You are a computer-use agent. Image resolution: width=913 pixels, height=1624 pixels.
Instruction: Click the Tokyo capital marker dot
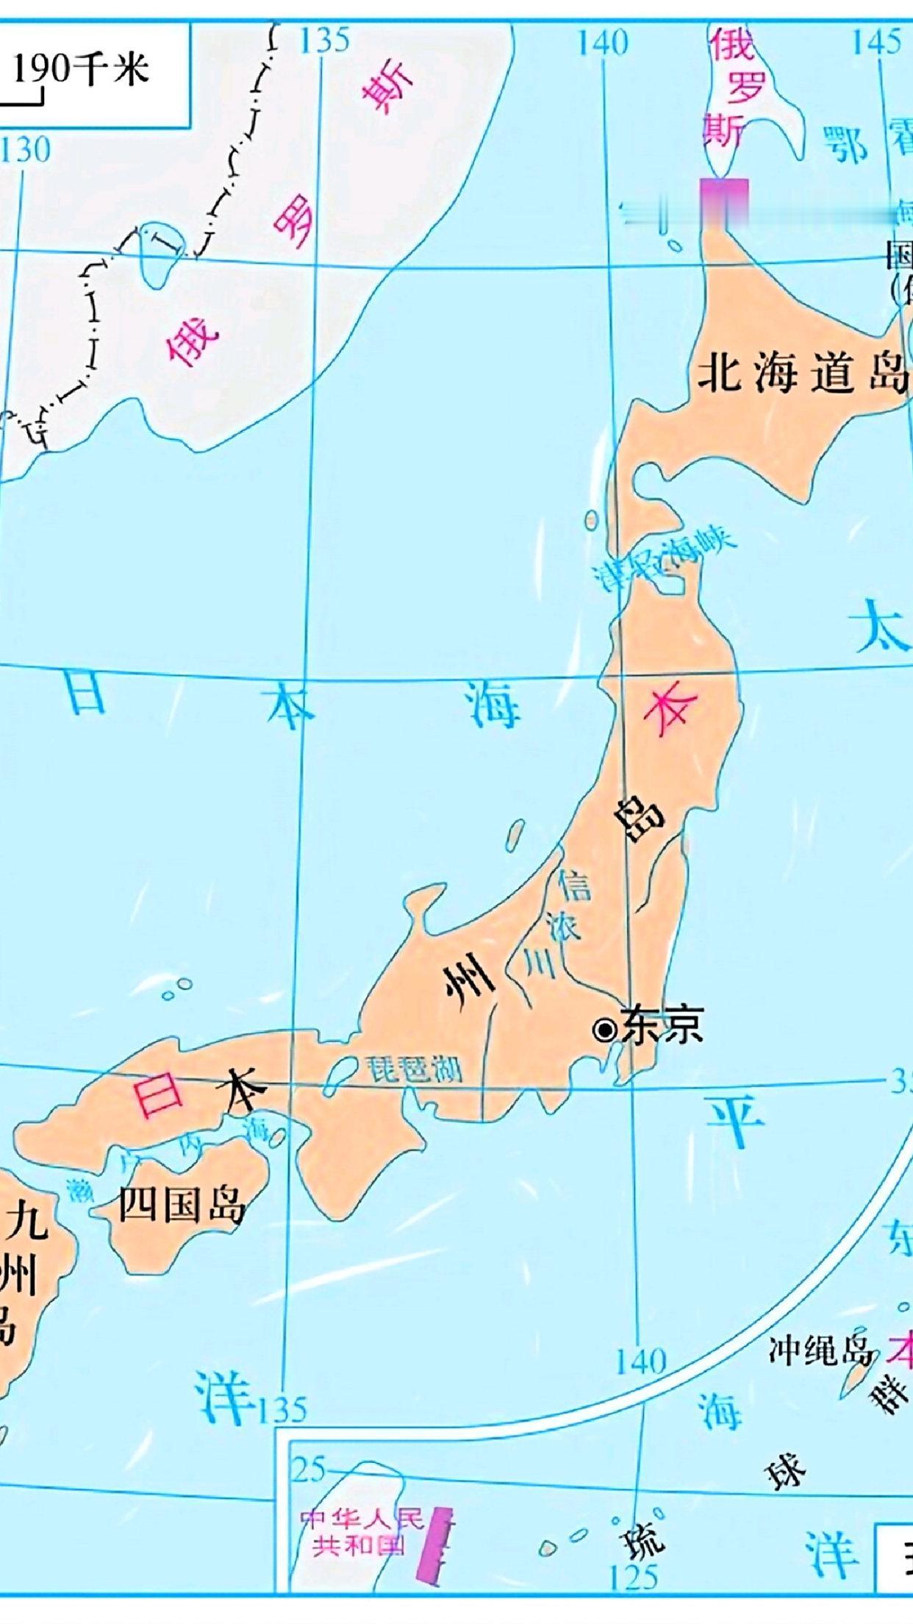(605, 1030)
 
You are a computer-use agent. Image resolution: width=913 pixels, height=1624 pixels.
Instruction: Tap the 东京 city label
(662, 1025)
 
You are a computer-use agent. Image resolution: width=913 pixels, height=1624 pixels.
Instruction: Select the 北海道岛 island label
(801, 372)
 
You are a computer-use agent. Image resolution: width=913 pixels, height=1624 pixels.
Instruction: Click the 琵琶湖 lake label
(415, 1069)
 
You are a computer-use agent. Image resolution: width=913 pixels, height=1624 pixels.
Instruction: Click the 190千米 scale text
(81, 70)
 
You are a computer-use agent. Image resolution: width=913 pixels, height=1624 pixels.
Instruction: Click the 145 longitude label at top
(876, 42)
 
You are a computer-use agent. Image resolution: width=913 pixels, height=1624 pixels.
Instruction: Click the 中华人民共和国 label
(361, 1533)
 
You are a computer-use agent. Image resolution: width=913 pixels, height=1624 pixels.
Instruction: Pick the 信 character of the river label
(574, 885)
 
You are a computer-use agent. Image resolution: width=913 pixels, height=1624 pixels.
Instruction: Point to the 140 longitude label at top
(602, 43)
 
